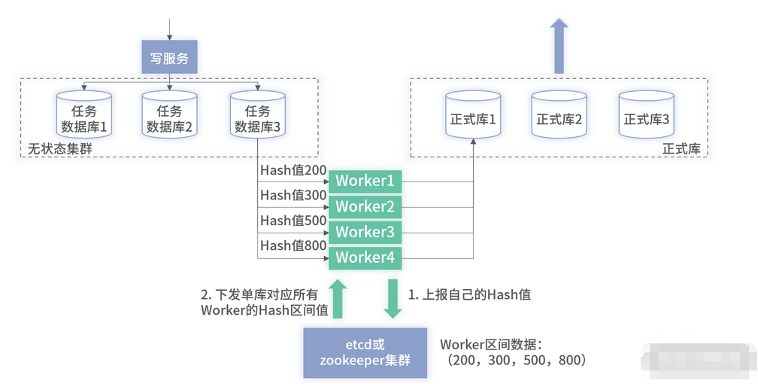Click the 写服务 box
pyautogui.click(x=169, y=57)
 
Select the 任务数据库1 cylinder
pyautogui.click(x=83, y=114)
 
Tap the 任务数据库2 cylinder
pyautogui.click(x=170, y=114)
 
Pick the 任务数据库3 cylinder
pyautogui.click(x=258, y=114)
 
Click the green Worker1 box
pyautogui.click(x=365, y=181)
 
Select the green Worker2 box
pyautogui.click(x=365, y=206)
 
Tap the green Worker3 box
pyautogui.click(x=365, y=232)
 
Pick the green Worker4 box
pyautogui.click(x=365, y=258)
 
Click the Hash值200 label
pyautogui.click(x=293, y=170)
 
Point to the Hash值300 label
pyautogui.click(x=293, y=195)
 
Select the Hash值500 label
pyautogui.click(x=293, y=221)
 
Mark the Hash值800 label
pyautogui.click(x=293, y=245)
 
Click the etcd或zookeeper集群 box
pyautogui.click(x=365, y=352)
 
